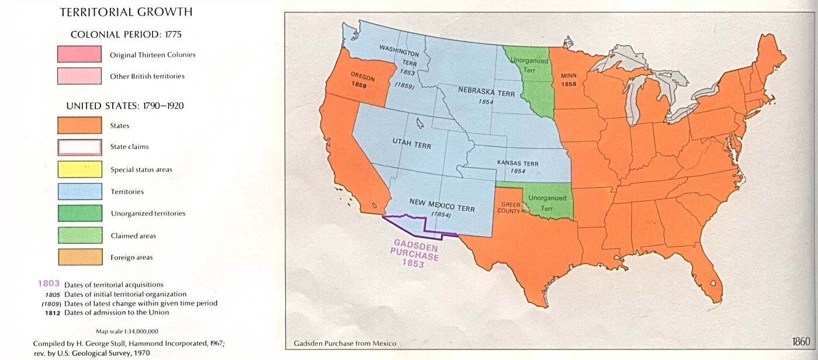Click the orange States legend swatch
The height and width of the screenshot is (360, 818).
79,126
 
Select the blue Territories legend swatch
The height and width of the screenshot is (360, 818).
79,192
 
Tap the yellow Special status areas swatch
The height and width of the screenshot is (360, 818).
79,169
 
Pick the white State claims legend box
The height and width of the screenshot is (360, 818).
79,147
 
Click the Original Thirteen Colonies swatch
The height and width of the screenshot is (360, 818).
79,54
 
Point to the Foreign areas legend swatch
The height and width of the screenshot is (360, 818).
79,257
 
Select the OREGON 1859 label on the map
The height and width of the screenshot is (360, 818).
362,79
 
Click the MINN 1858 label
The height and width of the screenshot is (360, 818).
569,79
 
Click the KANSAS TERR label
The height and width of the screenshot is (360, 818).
517,163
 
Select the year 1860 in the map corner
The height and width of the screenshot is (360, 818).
801,342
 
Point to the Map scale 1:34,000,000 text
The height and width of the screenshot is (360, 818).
127,331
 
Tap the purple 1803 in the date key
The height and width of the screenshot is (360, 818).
48,283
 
